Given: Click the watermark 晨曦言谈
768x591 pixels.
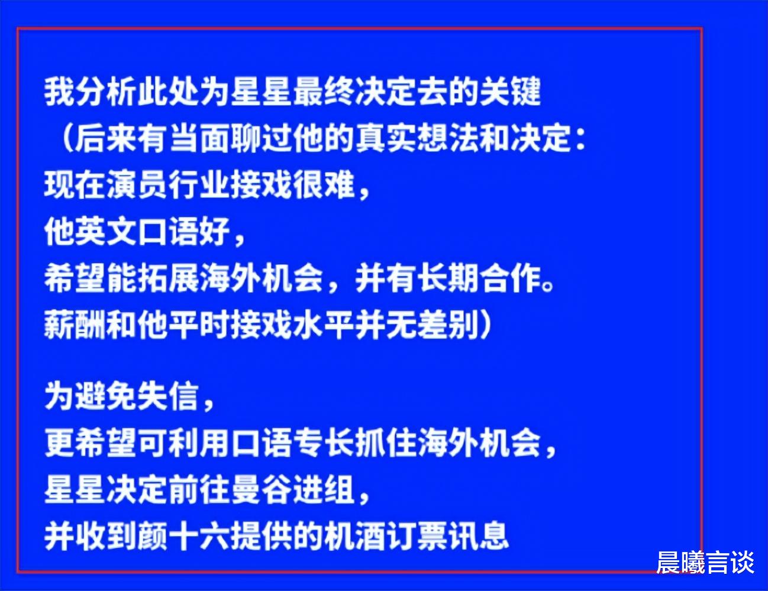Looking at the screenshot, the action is [705, 562].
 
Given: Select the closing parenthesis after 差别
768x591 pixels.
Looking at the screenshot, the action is [485, 324].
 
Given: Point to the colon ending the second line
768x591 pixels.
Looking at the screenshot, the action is [580, 139].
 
